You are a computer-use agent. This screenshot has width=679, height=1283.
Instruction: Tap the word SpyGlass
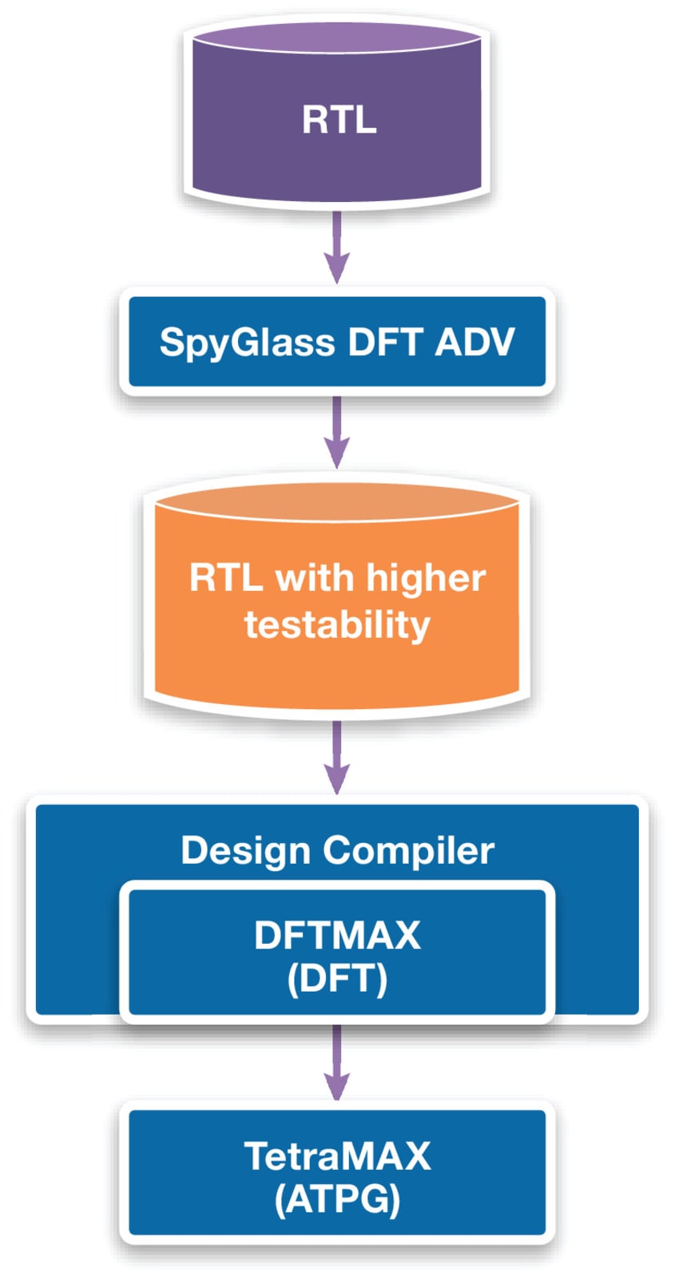pos(247,343)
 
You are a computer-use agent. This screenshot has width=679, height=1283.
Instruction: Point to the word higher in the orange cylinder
pos(426,579)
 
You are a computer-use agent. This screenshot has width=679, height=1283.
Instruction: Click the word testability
pos(337,625)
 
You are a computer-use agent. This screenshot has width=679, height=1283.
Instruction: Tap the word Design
pos(245,850)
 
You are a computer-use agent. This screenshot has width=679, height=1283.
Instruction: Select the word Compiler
pos(408,850)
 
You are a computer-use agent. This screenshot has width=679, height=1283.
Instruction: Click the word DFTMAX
pos(337,936)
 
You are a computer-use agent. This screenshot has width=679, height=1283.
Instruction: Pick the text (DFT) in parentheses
pos(337,979)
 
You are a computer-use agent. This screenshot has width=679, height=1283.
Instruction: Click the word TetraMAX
pos(337,1156)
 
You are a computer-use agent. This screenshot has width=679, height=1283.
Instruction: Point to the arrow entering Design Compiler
pos(337,757)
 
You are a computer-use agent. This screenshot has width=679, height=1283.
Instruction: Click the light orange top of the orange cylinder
pos(337,501)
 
